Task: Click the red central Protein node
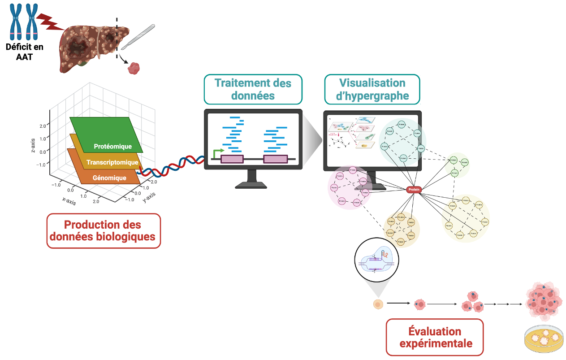415,190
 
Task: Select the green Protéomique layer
106,135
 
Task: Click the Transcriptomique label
112,162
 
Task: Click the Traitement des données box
253,89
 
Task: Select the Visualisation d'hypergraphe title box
372,89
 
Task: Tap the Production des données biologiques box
103,230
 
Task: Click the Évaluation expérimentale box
435,337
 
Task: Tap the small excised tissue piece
134,68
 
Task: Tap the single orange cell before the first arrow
378,304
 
